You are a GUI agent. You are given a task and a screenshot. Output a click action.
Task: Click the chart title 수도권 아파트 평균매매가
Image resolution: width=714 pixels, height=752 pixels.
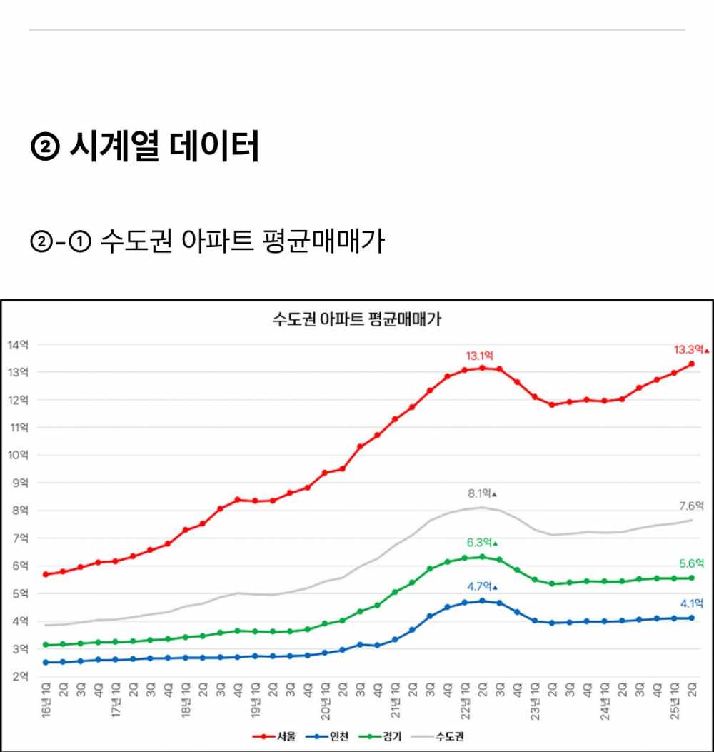click(356, 319)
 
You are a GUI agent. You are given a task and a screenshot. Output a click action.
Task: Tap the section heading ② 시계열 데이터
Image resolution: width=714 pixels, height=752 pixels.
click(144, 147)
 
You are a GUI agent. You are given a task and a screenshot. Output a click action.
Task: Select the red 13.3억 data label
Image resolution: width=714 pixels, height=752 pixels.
click(689, 350)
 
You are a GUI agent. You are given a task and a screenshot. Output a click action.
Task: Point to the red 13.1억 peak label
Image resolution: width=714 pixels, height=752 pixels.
click(479, 356)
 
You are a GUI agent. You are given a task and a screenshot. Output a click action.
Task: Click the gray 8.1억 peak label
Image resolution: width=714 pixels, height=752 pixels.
click(481, 493)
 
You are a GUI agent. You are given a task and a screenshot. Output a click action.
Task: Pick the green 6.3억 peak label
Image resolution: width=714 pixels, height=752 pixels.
click(481, 543)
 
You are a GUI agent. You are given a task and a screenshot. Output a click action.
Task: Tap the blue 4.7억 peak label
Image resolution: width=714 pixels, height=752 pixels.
click(481, 587)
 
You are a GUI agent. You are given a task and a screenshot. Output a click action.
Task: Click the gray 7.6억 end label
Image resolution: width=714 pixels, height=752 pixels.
click(691, 506)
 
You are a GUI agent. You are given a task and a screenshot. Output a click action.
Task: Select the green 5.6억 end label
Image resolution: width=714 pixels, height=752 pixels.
click(691, 563)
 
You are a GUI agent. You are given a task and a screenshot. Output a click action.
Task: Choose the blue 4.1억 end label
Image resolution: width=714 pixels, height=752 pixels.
click(691, 603)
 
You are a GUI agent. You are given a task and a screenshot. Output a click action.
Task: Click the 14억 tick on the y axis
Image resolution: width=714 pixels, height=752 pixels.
click(18, 345)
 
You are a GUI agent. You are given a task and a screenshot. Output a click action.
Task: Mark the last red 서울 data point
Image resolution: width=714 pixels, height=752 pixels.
click(692, 364)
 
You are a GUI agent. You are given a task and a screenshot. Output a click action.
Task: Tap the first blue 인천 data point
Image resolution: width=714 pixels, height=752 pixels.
click(46, 662)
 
